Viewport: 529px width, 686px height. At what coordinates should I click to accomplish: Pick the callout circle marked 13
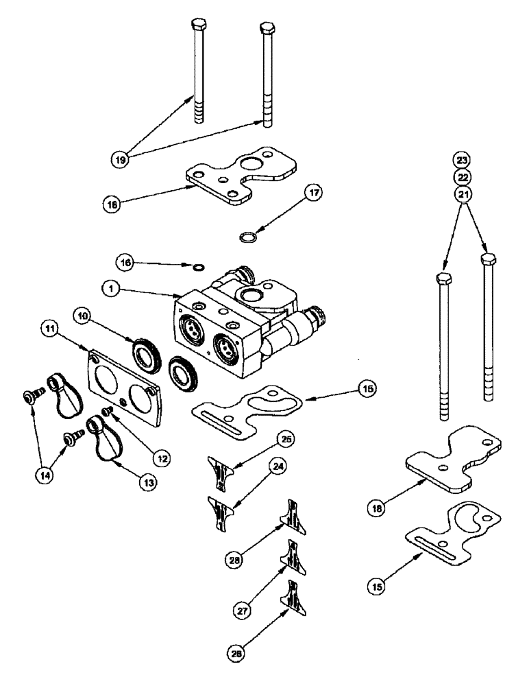coord(147,482)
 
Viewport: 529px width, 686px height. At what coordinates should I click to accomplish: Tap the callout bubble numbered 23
coord(463,161)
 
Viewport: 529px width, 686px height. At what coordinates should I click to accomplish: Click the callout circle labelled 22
coord(463,177)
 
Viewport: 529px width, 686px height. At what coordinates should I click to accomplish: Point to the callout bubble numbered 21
coord(463,194)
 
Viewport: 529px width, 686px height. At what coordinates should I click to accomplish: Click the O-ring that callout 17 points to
coord(247,237)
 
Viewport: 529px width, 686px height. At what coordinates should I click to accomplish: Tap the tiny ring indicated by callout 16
coord(199,268)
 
